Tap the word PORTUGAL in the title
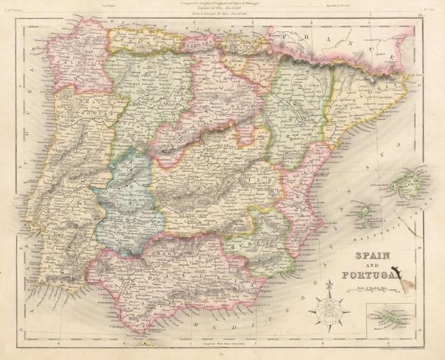pos(369,275)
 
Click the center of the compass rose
pos(329,310)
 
